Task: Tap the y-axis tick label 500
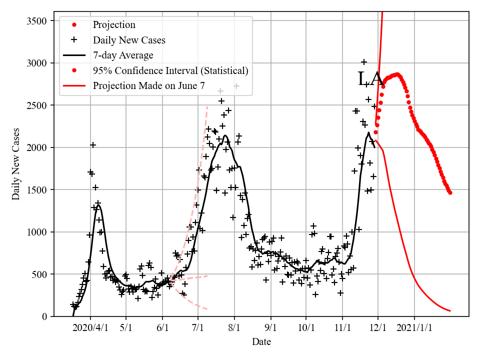click(45, 274)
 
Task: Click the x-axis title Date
click(261, 342)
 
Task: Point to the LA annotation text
click(370, 79)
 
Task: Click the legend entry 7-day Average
click(123, 55)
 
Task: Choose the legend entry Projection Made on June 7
click(148, 86)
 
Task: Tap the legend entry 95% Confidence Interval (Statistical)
click(170, 70)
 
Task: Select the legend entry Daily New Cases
click(129, 40)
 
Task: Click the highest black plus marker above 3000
click(364, 62)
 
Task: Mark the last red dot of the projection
click(450, 192)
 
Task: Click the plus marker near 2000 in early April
click(93, 145)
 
